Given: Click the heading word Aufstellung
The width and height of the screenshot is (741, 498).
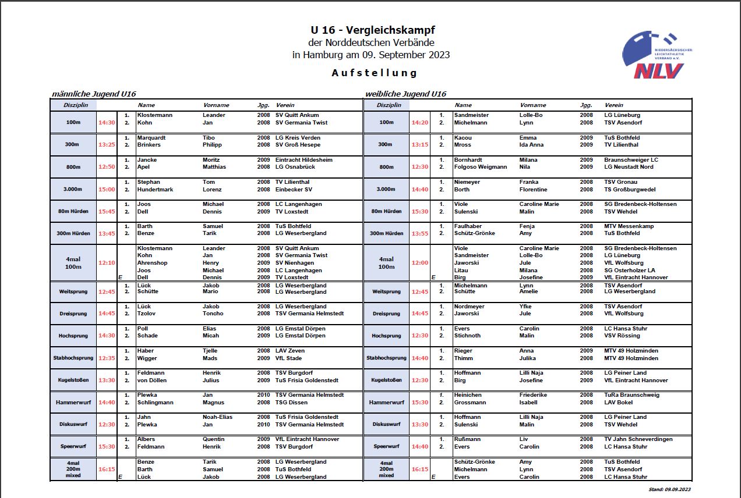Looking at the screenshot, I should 375,73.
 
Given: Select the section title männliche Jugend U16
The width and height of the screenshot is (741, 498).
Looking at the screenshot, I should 94,94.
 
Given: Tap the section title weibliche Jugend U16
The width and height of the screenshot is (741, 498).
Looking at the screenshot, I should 405,94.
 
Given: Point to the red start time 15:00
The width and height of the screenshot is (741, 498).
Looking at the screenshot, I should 107,189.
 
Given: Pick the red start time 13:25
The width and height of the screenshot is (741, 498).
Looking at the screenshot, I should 107,145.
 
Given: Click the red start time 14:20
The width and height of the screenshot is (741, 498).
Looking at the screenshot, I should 419,123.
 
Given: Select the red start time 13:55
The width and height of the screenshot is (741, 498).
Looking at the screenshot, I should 419,233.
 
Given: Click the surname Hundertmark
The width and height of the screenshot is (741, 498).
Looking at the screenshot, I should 155,190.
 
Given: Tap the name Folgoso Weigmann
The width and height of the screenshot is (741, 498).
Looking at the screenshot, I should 480,167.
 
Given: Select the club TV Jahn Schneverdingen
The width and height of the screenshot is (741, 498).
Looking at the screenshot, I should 638,439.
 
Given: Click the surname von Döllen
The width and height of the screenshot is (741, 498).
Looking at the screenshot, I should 151,380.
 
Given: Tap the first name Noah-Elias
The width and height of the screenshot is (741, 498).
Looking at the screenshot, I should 218,417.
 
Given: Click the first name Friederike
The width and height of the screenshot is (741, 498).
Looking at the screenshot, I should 535,395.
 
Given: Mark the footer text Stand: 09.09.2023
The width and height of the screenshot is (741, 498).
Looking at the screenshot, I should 669,490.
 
